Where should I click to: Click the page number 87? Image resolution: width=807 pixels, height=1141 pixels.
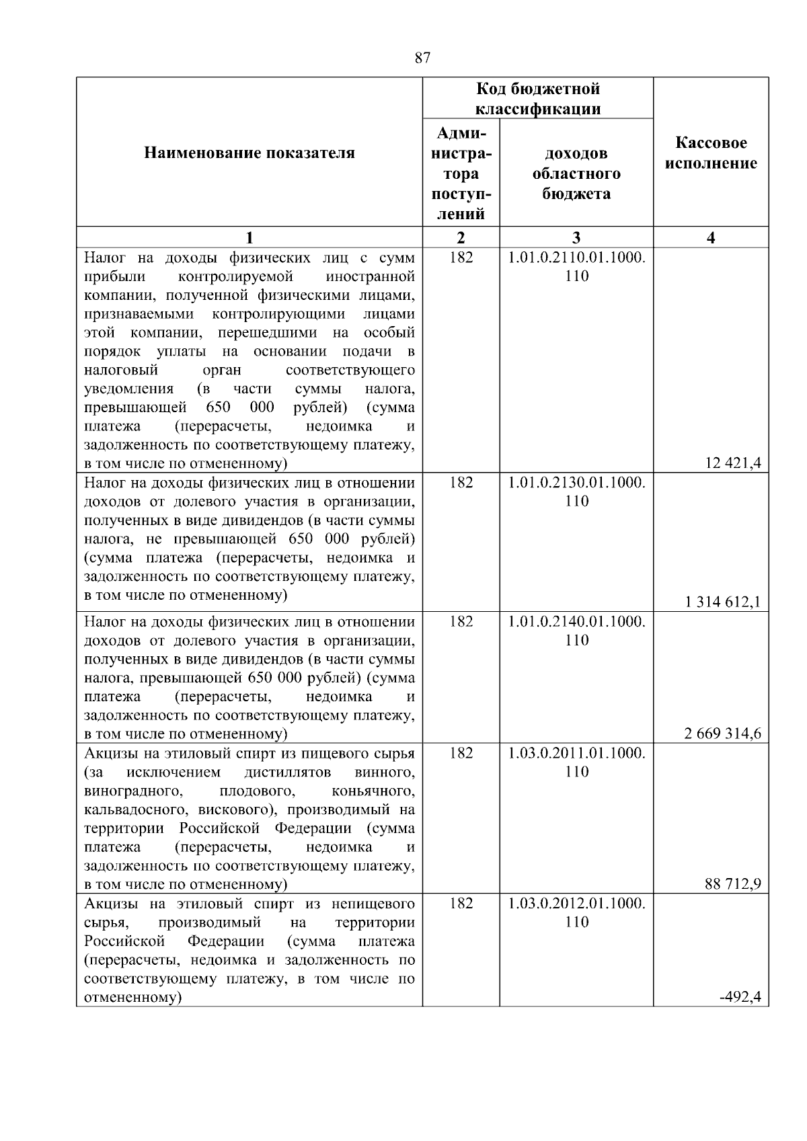click(422, 58)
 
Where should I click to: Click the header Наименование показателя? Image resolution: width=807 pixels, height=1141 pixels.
click(249, 153)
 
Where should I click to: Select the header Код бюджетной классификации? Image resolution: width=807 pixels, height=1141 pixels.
click(538, 98)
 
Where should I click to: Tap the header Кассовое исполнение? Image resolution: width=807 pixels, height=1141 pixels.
click(711, 153)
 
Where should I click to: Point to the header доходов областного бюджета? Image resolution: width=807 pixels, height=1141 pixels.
click(576, 173)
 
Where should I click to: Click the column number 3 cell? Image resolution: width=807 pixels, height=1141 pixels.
click(576, 237)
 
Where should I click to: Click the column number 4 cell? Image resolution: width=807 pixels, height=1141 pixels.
click(711, 237)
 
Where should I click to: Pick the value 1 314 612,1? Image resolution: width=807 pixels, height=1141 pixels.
click(723, 602)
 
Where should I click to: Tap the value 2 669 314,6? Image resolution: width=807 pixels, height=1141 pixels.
click(723, 734)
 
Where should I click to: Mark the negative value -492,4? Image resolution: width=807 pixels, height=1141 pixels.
click(740, 997)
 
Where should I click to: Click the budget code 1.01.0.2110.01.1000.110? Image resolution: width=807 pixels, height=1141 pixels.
click(576, 266)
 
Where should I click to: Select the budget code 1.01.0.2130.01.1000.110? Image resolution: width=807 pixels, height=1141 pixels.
click(576, 491)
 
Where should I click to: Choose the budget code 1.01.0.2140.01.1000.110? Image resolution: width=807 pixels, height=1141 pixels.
click(576, 630)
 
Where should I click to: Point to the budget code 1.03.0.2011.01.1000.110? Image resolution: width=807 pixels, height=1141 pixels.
click(576, 762)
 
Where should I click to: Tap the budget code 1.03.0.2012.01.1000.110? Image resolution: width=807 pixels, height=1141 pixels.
click(576, 912)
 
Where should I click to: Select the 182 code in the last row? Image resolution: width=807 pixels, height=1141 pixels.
click(461, 903)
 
